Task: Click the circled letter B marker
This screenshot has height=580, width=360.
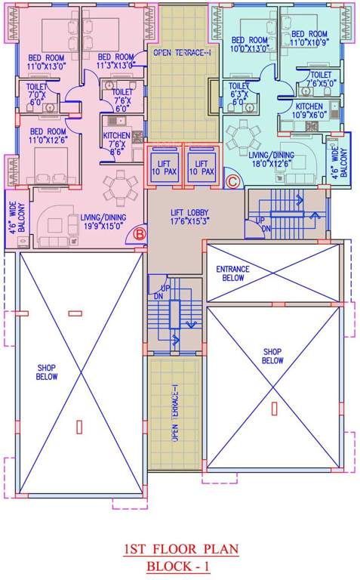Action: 139,234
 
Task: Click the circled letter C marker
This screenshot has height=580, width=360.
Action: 233,181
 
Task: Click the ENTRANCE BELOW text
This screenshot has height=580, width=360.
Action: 233,273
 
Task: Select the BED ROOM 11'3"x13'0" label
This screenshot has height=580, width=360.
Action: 115,61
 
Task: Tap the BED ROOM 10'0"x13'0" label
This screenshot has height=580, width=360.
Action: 249,45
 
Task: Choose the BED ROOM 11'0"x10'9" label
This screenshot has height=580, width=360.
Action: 309,39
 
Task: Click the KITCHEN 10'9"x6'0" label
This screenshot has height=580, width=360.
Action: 310,111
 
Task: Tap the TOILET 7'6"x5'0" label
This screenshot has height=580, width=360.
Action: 320,79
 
